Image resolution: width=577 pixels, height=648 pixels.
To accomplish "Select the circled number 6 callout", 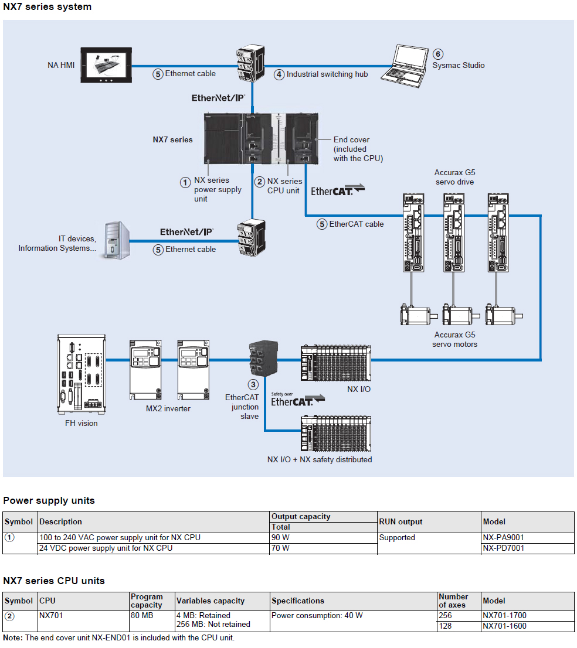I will (437, 54).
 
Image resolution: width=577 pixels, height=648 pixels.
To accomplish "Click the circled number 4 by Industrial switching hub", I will (280, 74).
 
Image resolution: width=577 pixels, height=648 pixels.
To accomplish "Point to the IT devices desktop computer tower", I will (117, 240).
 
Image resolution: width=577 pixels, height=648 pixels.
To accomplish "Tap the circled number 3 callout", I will (253, 385).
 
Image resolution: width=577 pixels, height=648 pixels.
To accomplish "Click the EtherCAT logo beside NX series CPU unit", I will (337, 190).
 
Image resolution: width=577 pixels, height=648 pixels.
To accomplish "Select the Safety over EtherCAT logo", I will (297, 400).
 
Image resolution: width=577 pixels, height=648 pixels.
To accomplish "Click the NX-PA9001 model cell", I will (503, 538).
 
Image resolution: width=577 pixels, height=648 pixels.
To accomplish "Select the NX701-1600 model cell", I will (504, 626).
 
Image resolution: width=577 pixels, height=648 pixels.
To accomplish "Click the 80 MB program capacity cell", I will (140, 616).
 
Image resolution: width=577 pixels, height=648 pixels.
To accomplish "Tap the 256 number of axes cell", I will (446, 616).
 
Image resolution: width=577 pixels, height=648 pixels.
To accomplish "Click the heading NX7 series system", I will (47, 7).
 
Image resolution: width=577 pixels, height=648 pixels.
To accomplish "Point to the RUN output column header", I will (400, 521).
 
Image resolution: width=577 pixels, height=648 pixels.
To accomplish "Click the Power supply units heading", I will (49, 500).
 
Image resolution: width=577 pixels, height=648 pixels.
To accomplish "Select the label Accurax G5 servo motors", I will (455, 340).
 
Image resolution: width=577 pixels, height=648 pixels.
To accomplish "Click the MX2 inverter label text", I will (168, 408).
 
